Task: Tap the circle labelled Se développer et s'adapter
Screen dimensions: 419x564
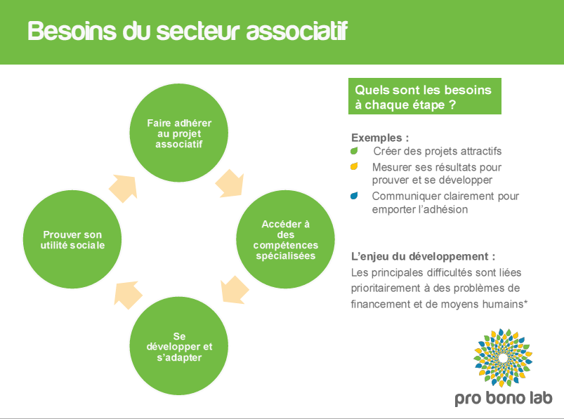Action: pos(178,347)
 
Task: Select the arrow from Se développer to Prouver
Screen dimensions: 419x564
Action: pos(126,293)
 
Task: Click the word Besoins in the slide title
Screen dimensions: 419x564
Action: pos(67,32)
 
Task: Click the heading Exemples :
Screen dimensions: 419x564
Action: pos(379,138)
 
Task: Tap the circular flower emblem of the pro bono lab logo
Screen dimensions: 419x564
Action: pos(503,358)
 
